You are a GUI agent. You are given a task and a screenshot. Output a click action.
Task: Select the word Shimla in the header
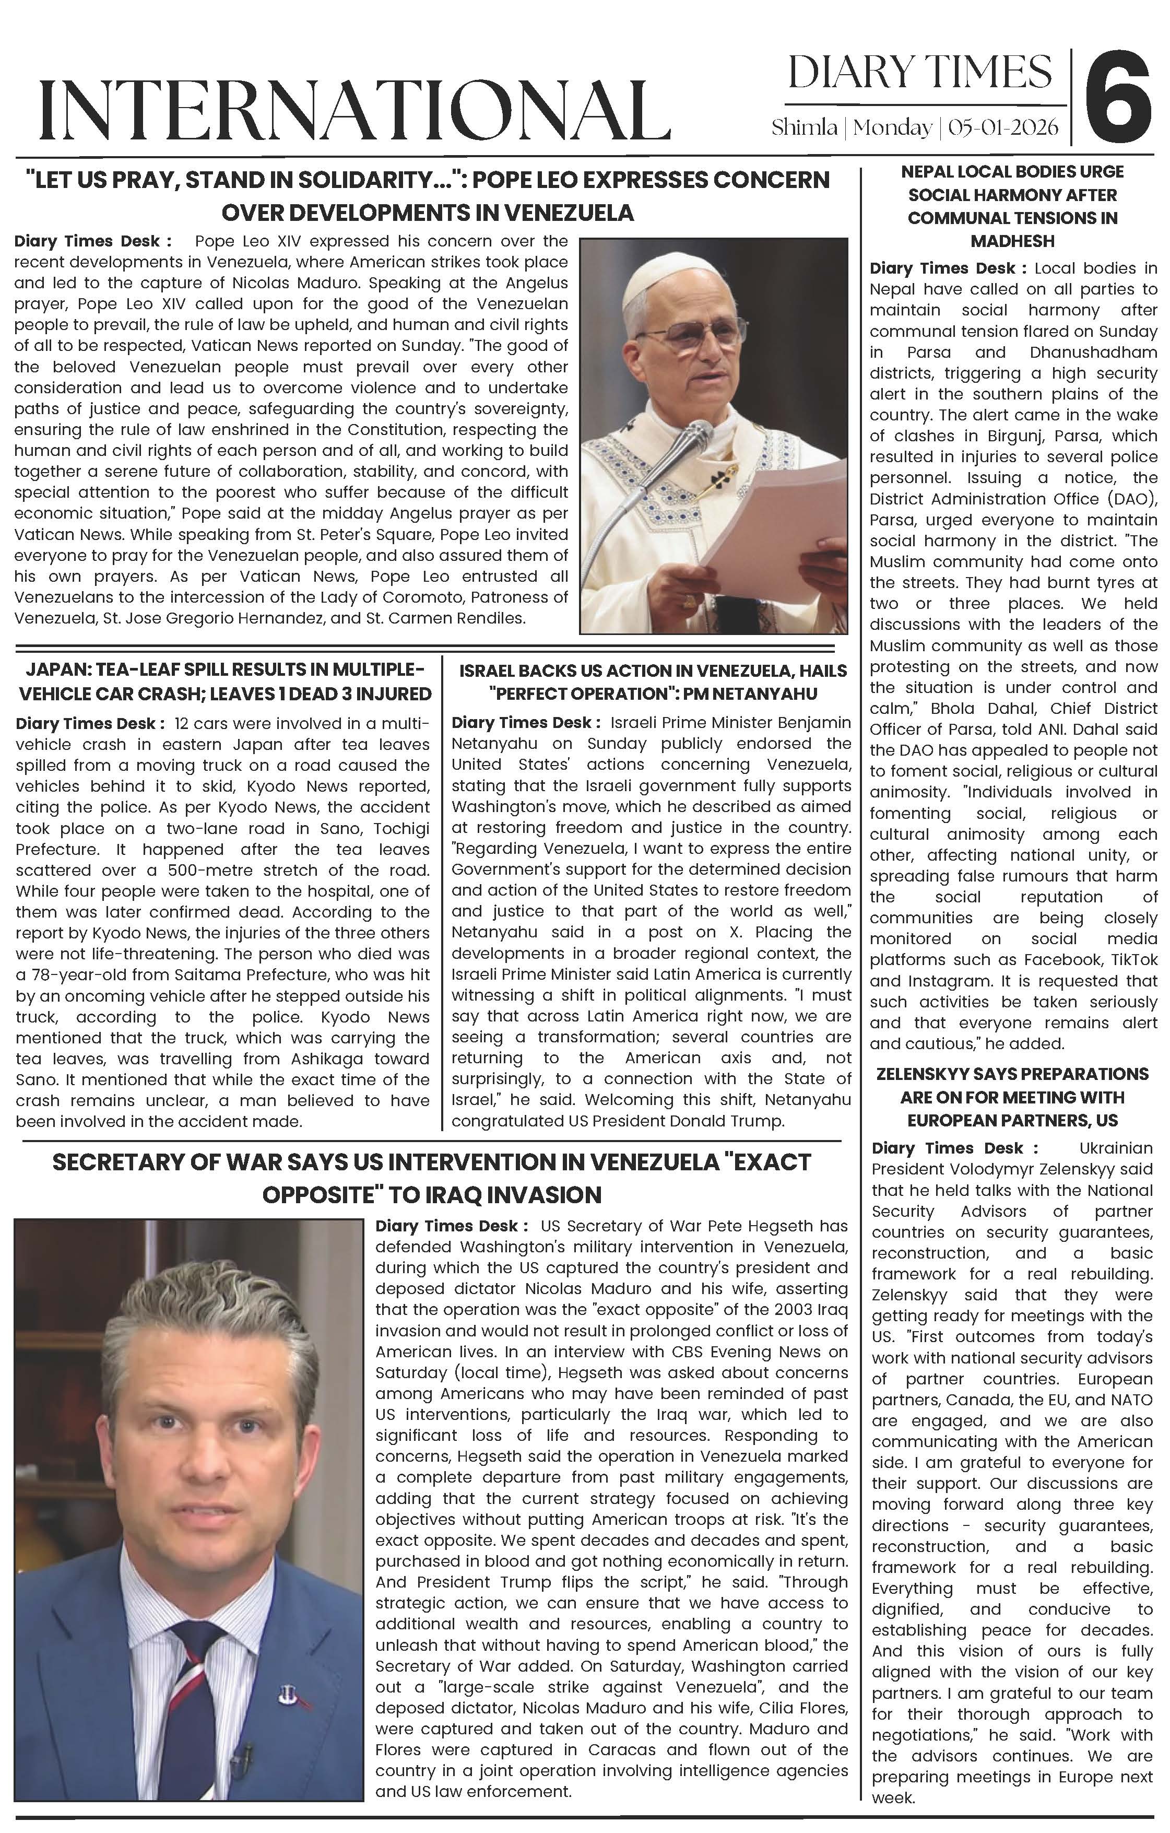coord(804,127)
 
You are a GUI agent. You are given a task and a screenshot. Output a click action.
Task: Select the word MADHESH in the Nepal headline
coord(1012,241)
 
